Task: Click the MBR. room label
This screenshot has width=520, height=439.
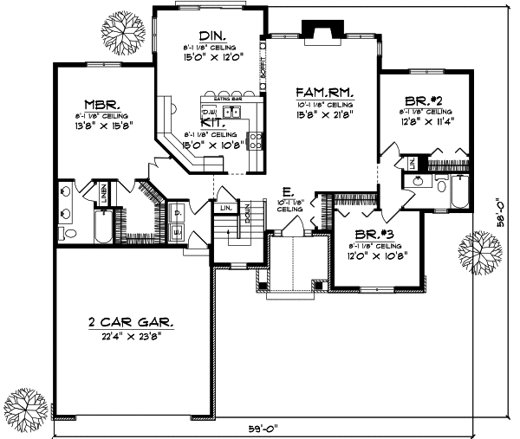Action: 101,100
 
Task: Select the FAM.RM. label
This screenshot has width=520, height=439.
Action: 322,91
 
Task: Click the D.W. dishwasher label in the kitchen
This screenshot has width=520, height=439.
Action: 209,112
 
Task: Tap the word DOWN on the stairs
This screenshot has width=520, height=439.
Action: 247,213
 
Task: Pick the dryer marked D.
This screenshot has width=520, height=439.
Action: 177,211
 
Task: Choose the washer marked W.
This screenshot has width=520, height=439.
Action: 177,230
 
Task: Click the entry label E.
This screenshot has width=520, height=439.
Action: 287,192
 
